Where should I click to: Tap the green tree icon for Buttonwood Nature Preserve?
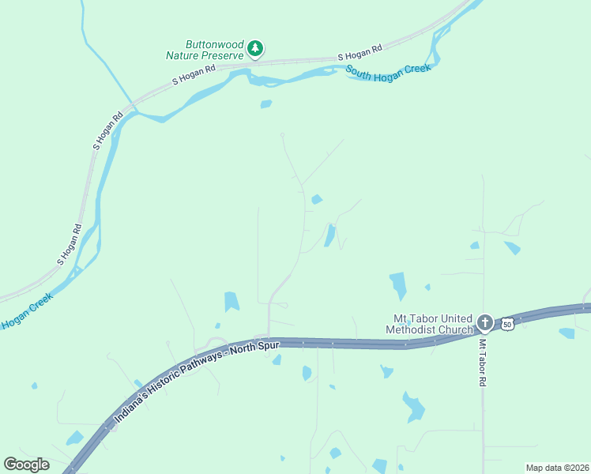pyautogui.click(x=254, y=49)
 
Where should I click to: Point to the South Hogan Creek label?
pyautogui.click(x=388, y=70)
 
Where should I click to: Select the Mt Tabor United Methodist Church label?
pyautogui.click(x=429, y=323)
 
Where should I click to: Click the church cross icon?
pyautogui.click(x=485, y=322)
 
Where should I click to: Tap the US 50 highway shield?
pyautogui.click(x=507, y=323)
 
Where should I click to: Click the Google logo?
pyautogui.click(x=26, y=465)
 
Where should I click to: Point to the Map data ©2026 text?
pyautogui.click(x=557, y=468)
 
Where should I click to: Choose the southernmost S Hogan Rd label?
pyautogui.click(x=69, y=246)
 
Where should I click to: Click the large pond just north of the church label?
pyautogui.click(x=397, y=284)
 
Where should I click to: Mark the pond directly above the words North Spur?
pyautogui.click(x=232, y=301)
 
